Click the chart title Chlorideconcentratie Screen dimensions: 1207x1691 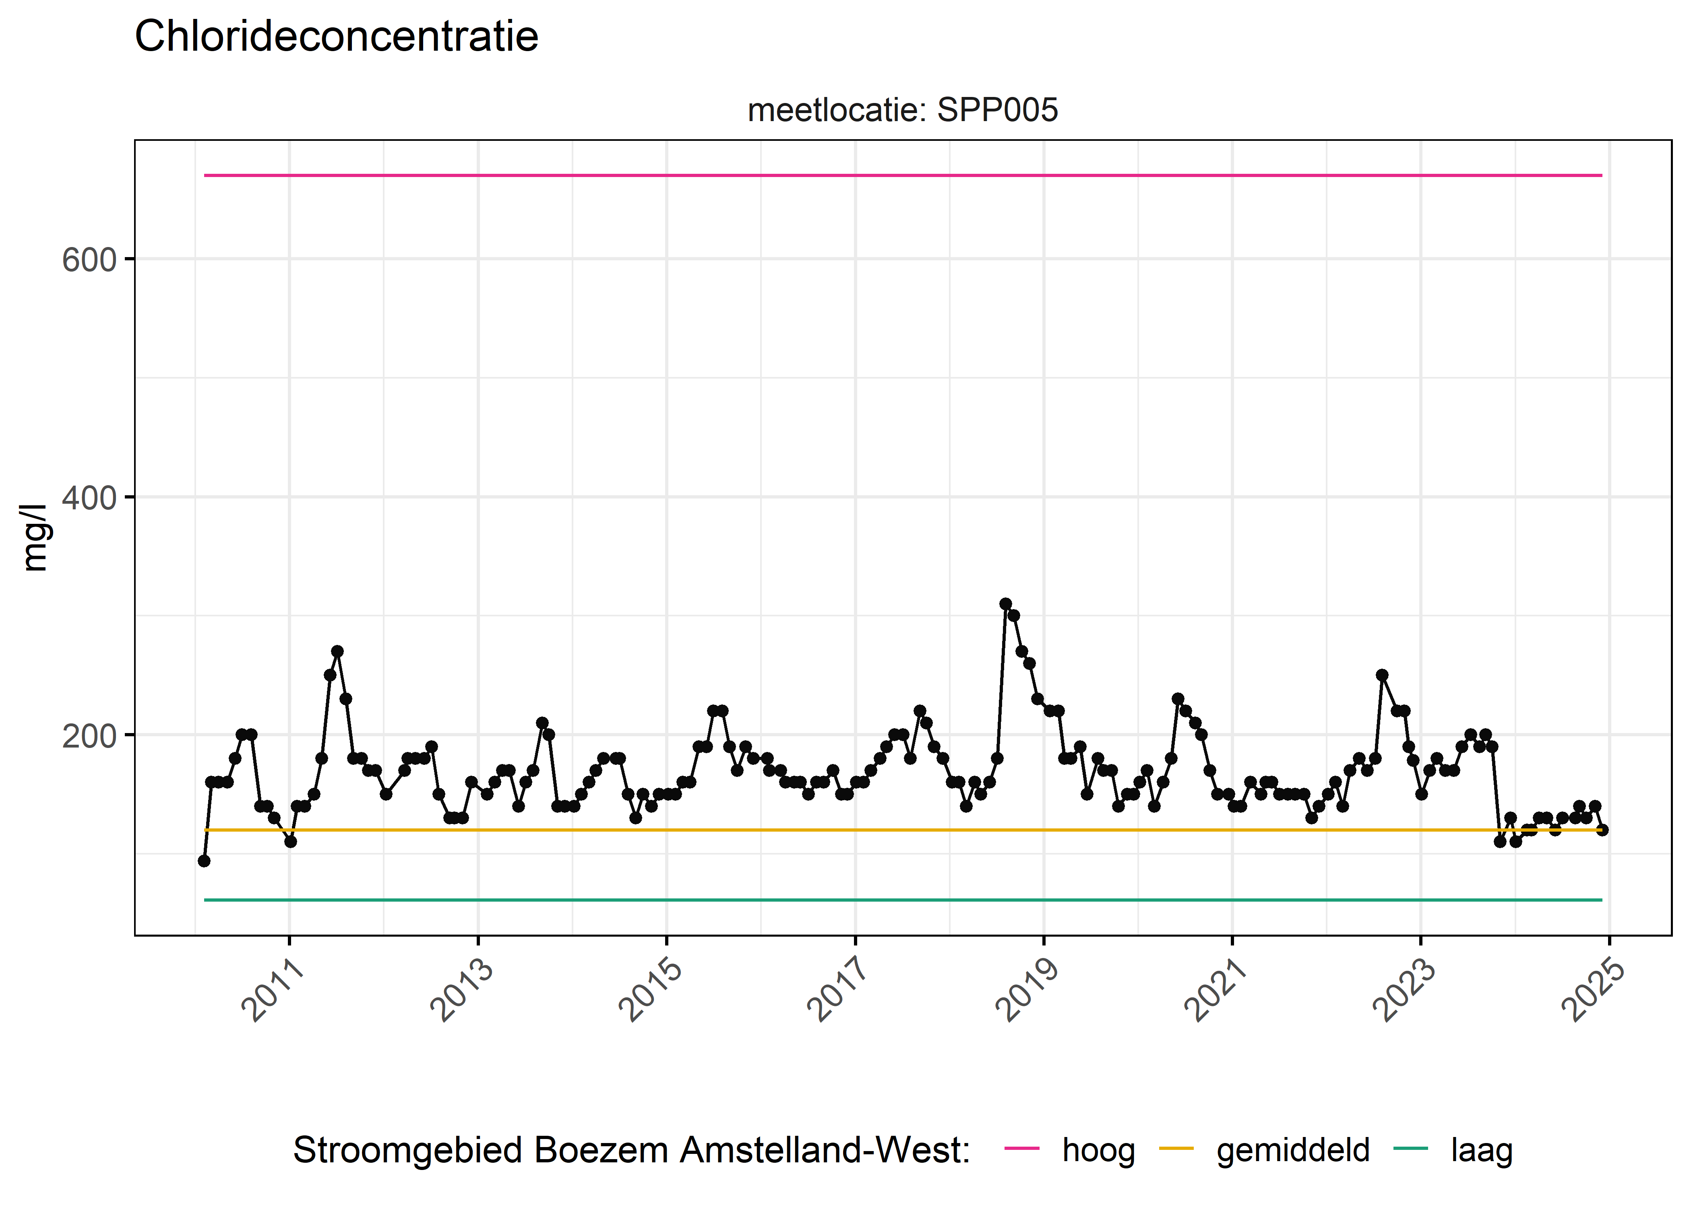pyautogui.click(x=336, y=37)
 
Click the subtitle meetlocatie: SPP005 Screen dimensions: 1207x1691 pyautogui.click(x=902, y=111)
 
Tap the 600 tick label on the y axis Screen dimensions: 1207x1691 pyautogui.click(x=89, y=260)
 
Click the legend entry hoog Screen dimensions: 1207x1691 pyautogui.click(x=1098, y=1151)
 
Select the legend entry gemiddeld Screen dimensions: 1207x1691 pyautogui.click(x=1292, y=1151)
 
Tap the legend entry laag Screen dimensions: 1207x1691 pyautogui.click(x=1481, y=1151)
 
